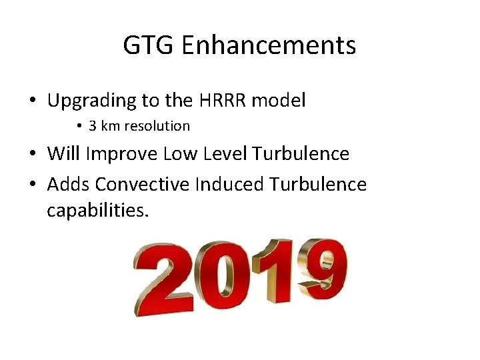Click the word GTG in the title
pyautogui.click(x=149, y=45)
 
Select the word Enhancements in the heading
pyautogui.click(x=268, y=45)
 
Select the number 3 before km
pyautogui.click(x=92, y=126)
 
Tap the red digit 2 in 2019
pyautogui.click(x=164, y=280)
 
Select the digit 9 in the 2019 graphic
pyautogui.click(x=321, y=267)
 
